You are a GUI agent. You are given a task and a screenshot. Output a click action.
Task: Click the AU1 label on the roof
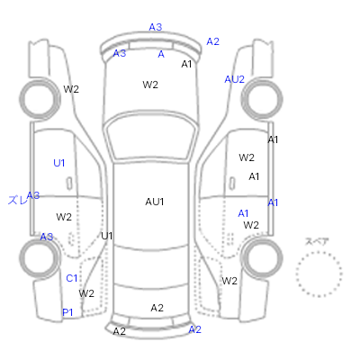[x=155, y=202]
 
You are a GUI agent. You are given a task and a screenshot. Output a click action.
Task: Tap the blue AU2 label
[x=235, y=79]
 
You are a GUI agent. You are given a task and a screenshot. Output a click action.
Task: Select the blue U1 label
[x=59, y=163]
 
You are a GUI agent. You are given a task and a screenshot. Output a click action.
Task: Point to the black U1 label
[x=107, y=236]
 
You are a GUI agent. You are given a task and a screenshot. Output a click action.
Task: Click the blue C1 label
[x=72, y=278]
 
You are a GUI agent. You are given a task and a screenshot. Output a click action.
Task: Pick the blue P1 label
[x=67, y=312]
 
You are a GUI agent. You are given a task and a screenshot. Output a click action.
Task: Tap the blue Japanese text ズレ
[x=17, y=200]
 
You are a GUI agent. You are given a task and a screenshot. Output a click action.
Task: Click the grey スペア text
[x=317, y=241]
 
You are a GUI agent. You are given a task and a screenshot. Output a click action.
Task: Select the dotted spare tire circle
[x=319, y=252]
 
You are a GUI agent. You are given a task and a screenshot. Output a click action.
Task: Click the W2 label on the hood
[x=150, y=85]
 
